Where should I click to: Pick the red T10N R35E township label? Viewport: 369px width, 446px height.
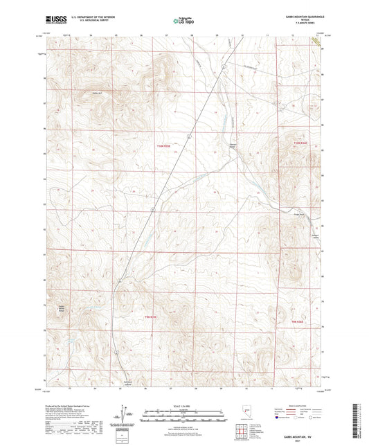point(163,146)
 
